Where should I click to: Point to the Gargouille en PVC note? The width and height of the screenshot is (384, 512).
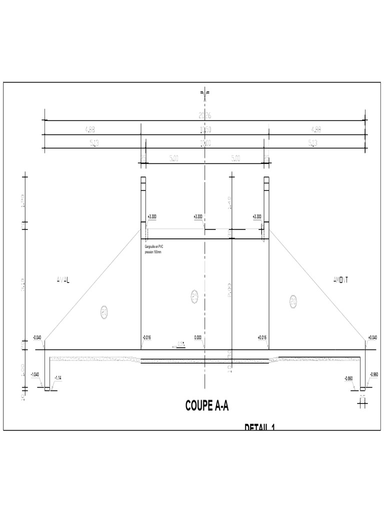click(x=155, y=248)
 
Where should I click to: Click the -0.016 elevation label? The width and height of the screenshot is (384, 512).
click(x=146, y=337)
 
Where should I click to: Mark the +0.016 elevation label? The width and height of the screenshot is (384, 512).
click(x=262, y=337)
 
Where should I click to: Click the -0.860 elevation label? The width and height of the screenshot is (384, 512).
click(x=349, y=378)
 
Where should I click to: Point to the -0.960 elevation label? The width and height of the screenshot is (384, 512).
click(x=373, y=374)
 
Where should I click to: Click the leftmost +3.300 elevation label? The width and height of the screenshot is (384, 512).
click(x=152, y=216)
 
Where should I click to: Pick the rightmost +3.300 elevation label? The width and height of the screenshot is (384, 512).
click(x=257, y=216)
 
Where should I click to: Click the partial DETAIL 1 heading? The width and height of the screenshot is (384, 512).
click(x=260, y=427)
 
